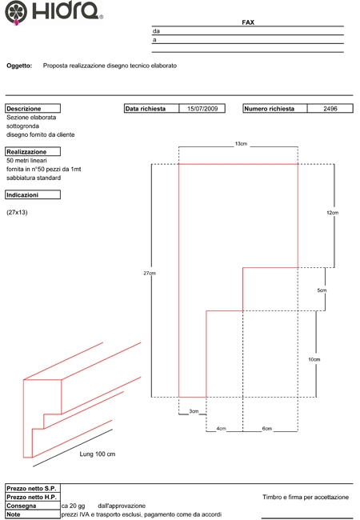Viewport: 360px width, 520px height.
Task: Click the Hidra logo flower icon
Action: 16,13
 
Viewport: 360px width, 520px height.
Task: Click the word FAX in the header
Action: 248,22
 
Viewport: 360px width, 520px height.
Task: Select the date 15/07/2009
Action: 202,109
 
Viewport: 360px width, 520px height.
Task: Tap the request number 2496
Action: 330,109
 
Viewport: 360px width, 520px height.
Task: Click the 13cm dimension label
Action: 241,144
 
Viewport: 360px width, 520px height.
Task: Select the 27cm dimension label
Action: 150,274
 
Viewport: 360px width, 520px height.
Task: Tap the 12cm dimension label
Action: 333,213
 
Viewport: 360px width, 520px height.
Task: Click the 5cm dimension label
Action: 322,290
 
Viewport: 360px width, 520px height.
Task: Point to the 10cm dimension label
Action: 314,359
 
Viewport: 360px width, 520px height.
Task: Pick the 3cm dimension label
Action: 194,411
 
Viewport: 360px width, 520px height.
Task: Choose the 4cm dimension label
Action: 221,429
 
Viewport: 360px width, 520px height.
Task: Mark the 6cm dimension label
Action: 267,429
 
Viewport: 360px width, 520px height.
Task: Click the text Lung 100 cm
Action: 98,454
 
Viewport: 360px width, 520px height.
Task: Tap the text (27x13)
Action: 17,212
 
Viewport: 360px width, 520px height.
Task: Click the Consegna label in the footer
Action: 22,506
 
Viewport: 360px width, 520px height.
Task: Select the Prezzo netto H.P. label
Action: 31,497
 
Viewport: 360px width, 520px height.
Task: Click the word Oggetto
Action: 19,66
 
